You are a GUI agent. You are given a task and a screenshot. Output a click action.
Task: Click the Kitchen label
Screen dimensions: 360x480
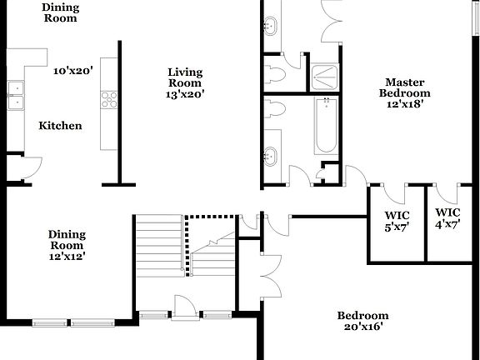click(x=60, y=126)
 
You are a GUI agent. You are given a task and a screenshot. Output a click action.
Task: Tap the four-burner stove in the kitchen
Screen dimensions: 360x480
click(x=109, y=99)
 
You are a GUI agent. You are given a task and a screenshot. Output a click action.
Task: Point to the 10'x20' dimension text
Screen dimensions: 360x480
click(x=72, y=72)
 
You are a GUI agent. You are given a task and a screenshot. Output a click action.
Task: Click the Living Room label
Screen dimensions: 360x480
click(x=184, y=77)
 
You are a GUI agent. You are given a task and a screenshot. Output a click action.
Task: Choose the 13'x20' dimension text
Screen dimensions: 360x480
click(x=184, y=95)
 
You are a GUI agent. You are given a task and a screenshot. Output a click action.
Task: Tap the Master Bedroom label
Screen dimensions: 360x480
click(x=405, y=87)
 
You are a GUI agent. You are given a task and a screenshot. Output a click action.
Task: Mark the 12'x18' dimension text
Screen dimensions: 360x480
click(x=405, y=104)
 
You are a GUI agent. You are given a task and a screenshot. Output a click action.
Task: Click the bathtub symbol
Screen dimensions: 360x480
click(x=326, y=126)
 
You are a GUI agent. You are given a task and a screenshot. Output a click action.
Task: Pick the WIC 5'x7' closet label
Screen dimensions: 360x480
click(x=397, y=218)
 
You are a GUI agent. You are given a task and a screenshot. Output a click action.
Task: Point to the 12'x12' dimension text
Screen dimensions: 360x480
click(x=66, y=257)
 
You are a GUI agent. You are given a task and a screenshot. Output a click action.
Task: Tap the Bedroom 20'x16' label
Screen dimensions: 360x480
click(x=362, y=321)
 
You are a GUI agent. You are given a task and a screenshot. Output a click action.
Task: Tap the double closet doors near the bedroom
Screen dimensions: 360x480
click(x=268, y=275)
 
